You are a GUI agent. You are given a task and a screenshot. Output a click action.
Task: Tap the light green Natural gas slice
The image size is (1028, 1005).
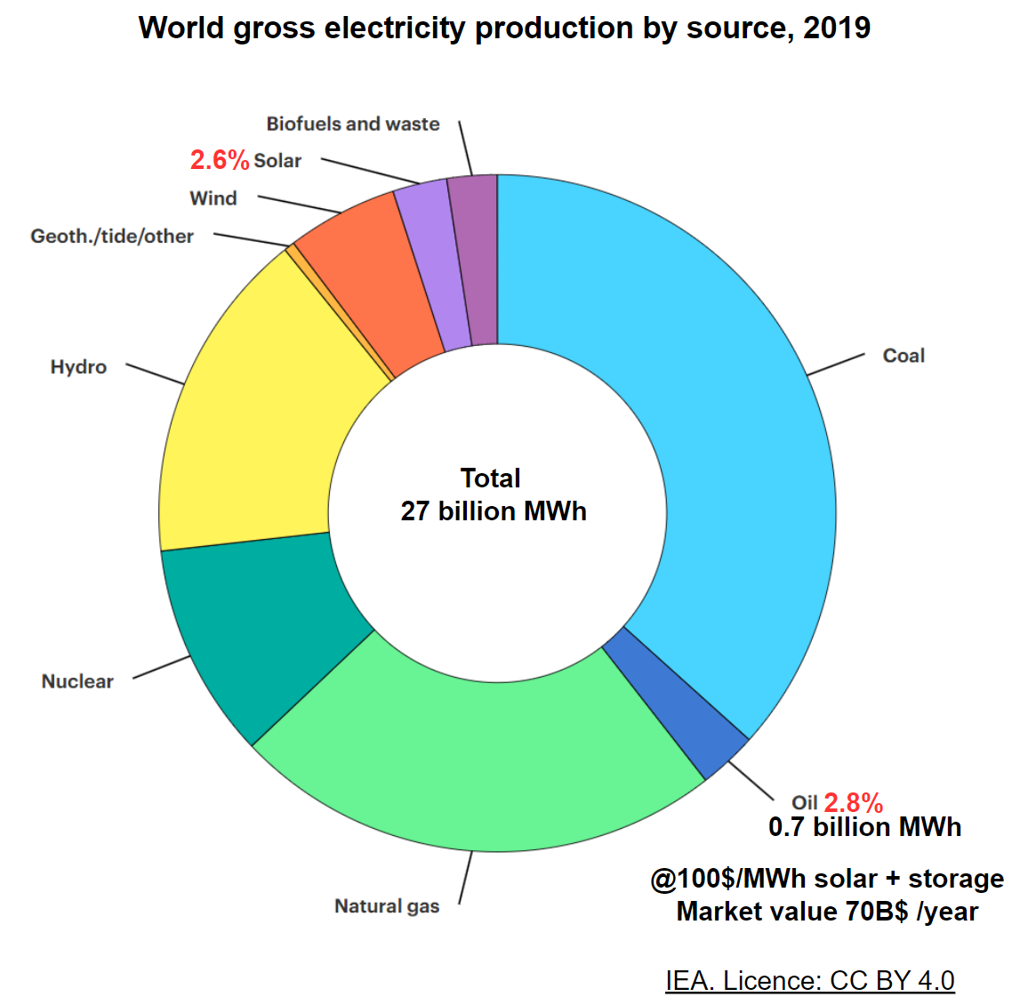[480, 756]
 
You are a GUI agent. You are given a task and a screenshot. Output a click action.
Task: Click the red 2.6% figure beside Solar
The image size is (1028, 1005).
[219, 160]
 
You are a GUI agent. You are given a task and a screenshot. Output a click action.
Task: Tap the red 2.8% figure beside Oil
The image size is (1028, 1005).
[853, 803]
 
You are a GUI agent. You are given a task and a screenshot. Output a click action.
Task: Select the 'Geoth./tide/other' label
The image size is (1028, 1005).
[112, 237]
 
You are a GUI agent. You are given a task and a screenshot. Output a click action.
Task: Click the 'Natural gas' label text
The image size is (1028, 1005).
[387, 906]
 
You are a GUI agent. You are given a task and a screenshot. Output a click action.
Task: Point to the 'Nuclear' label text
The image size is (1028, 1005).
[77, 681]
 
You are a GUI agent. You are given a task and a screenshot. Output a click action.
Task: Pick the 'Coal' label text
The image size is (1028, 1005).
[904, 356]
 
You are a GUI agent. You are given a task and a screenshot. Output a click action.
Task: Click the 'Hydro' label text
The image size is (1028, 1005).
[78, 367]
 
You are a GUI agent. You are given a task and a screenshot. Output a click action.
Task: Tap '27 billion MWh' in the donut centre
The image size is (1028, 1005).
[494, 511]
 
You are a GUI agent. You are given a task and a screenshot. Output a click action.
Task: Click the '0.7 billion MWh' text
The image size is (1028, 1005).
[864, 827]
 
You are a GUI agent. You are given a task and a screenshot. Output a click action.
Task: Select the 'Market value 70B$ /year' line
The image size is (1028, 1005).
[827, 912]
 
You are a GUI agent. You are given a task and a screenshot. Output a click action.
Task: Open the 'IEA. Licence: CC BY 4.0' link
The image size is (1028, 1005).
[809, 980]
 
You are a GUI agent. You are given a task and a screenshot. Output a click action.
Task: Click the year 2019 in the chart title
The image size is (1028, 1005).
[836, 28]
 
